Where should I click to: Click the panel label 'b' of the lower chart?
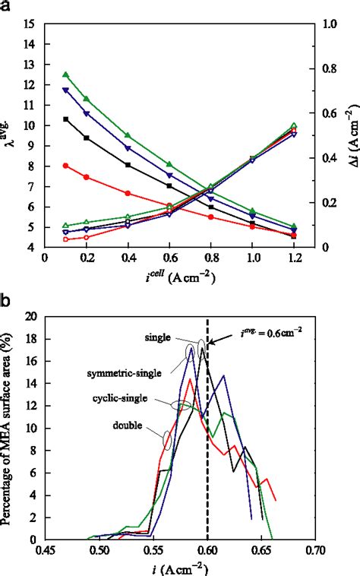click(x=6, y=301)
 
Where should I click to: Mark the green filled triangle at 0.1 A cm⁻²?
click(x=66, y=74)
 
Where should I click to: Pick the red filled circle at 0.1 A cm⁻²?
click(x=66, y=165)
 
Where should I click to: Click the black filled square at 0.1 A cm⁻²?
click(x=66, y=119)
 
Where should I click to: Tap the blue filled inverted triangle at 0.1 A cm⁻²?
click(x=66, y=90)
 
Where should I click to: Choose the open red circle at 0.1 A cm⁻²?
click(x=66, y=239)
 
